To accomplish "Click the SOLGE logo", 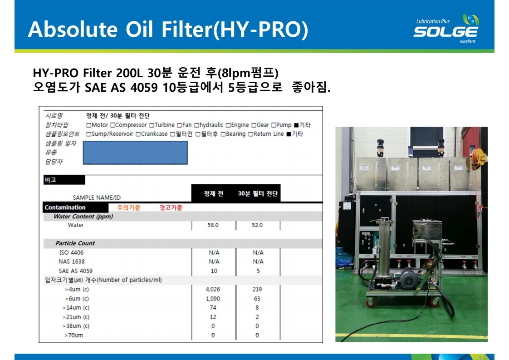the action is point(446,29).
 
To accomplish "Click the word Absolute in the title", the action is point(73,29).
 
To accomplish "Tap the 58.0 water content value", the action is point(213,225).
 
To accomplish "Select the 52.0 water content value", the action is point(257,225).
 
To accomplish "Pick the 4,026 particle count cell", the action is point(213,289).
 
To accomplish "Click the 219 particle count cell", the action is point(257,289).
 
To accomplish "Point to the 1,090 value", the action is point(213,299).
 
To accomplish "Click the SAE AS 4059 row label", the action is point(75,271).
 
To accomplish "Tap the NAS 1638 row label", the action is point(71,261).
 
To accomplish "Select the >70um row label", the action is point(73,335).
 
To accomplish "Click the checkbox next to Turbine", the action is point(152,125).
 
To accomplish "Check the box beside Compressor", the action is point(113,125).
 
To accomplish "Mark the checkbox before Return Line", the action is point(250,134).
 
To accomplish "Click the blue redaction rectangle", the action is point(135,153).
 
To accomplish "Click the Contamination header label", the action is point(65,207).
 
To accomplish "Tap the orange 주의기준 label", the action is point(129,207).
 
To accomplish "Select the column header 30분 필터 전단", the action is point(258,194).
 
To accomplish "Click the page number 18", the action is point(483,357).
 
